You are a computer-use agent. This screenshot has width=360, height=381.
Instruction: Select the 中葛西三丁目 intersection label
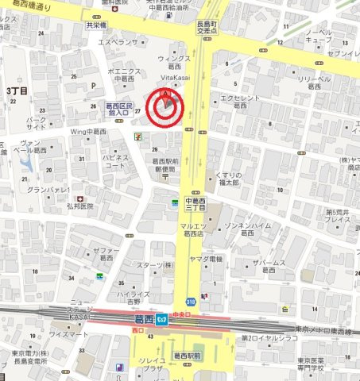(x=195, y=205)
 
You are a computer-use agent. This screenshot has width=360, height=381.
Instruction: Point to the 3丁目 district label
(x=17, y=91)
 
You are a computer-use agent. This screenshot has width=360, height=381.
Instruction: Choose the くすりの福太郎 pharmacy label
(x=233, y=177)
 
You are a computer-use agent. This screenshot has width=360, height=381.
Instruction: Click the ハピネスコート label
(x=114, y=162)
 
